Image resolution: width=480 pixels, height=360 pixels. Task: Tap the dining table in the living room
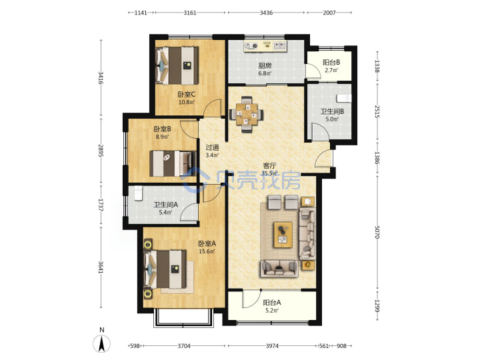coord(247,115)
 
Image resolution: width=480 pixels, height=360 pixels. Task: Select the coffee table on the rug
coord(283,235)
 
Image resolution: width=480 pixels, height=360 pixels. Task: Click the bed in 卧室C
coord(177,65)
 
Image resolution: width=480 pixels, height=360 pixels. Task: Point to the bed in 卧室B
coord(173,163)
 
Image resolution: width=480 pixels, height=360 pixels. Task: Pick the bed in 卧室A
coord(165,269)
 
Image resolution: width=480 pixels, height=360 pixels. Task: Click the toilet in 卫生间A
coord(139,193)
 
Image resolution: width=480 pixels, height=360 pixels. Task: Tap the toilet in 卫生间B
coord(344,98)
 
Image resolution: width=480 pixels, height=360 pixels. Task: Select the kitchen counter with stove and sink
coord(265,46)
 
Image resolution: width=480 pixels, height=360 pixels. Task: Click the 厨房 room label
coord(265,65)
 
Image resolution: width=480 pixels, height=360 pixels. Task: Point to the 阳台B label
coord(331,63)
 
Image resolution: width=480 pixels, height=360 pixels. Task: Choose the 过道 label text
coord(212,147)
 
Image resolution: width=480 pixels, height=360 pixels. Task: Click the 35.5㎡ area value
coord(269,173)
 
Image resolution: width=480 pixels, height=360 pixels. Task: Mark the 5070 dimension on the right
coord(377,233)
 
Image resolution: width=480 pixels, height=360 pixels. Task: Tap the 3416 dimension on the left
coord(101,78)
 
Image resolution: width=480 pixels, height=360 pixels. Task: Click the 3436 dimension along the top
coord(266,13)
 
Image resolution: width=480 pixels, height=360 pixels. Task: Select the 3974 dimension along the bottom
coord(272,346)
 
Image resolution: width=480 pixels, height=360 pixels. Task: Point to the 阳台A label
coord(272,303)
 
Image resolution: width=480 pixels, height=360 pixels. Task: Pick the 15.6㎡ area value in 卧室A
coord(207,251)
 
